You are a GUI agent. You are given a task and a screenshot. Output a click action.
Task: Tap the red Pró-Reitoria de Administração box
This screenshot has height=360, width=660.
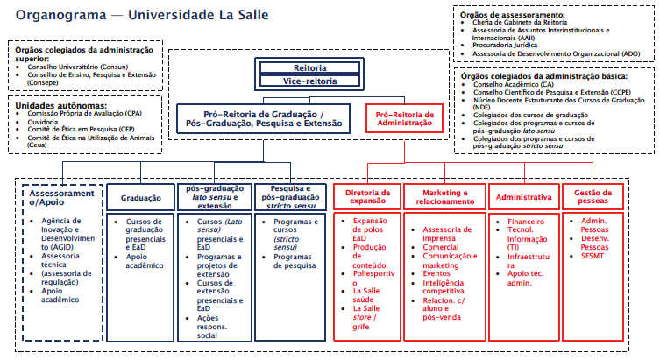[404, 119]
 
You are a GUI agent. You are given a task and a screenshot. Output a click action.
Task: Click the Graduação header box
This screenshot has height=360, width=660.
[140, 199]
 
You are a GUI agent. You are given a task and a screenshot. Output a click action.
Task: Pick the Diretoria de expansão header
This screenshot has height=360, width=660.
[366, 195]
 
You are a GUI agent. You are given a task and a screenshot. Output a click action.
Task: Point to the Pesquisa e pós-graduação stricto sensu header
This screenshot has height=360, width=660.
[289, 194]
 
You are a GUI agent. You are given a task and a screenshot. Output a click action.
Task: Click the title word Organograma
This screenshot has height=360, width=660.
[58, 17]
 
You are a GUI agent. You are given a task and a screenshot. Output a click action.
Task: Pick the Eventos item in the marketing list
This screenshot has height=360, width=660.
[436, 273]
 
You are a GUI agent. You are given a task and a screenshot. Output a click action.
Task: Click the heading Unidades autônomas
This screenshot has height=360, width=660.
[52, 104]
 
